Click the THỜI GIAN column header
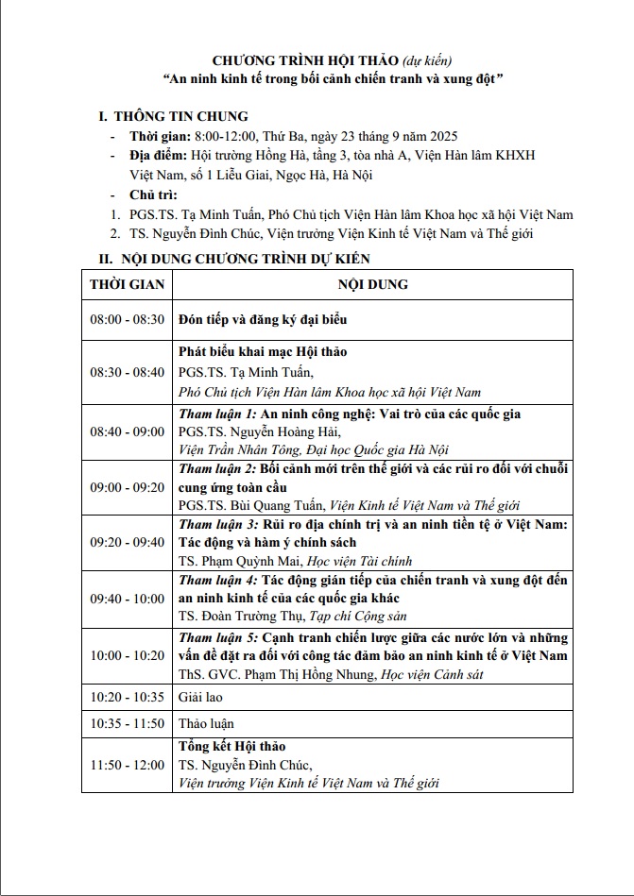(x=127, y=284)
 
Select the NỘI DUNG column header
(x=372, y=284)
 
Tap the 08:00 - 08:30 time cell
(x=127, y=320)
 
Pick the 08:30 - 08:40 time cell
(x=127, y=372)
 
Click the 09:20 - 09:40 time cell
(x=127, y=543)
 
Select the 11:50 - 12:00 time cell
(x=127, y=765)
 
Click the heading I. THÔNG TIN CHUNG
(x=174, y=117)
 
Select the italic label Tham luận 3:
(x=217, y=525)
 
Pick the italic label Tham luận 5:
(x=217, y=638)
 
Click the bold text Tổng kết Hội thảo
(x=231, y=747)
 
